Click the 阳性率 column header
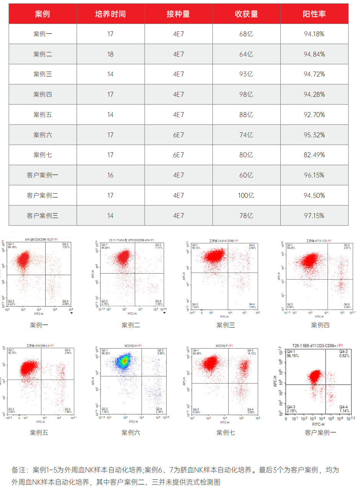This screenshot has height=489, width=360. [314, 14]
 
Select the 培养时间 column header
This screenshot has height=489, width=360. [110, 14]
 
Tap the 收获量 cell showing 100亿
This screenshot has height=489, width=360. [246, 196]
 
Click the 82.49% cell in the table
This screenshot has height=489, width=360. [314, 155]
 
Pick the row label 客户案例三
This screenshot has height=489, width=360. [43, 216]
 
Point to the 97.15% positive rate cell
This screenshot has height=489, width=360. [314, 216]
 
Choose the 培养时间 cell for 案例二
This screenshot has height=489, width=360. [110, 54]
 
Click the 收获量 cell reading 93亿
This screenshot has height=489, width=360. [246, 74]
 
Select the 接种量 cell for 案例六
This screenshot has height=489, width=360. [178, 135]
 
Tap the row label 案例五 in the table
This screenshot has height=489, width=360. [43, 115]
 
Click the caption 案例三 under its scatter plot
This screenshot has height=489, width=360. [226, 325]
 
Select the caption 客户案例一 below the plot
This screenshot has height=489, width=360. [321, 433]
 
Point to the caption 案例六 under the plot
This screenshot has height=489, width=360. [131, 433]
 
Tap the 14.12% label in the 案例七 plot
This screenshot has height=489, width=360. [251, 354]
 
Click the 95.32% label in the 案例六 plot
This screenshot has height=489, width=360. [106, 354]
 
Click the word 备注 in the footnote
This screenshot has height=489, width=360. [18, 470]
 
